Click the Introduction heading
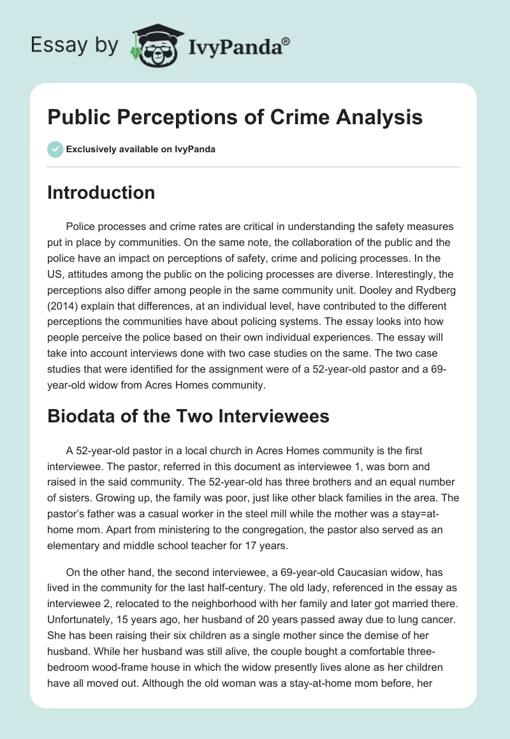pos(101,192)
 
